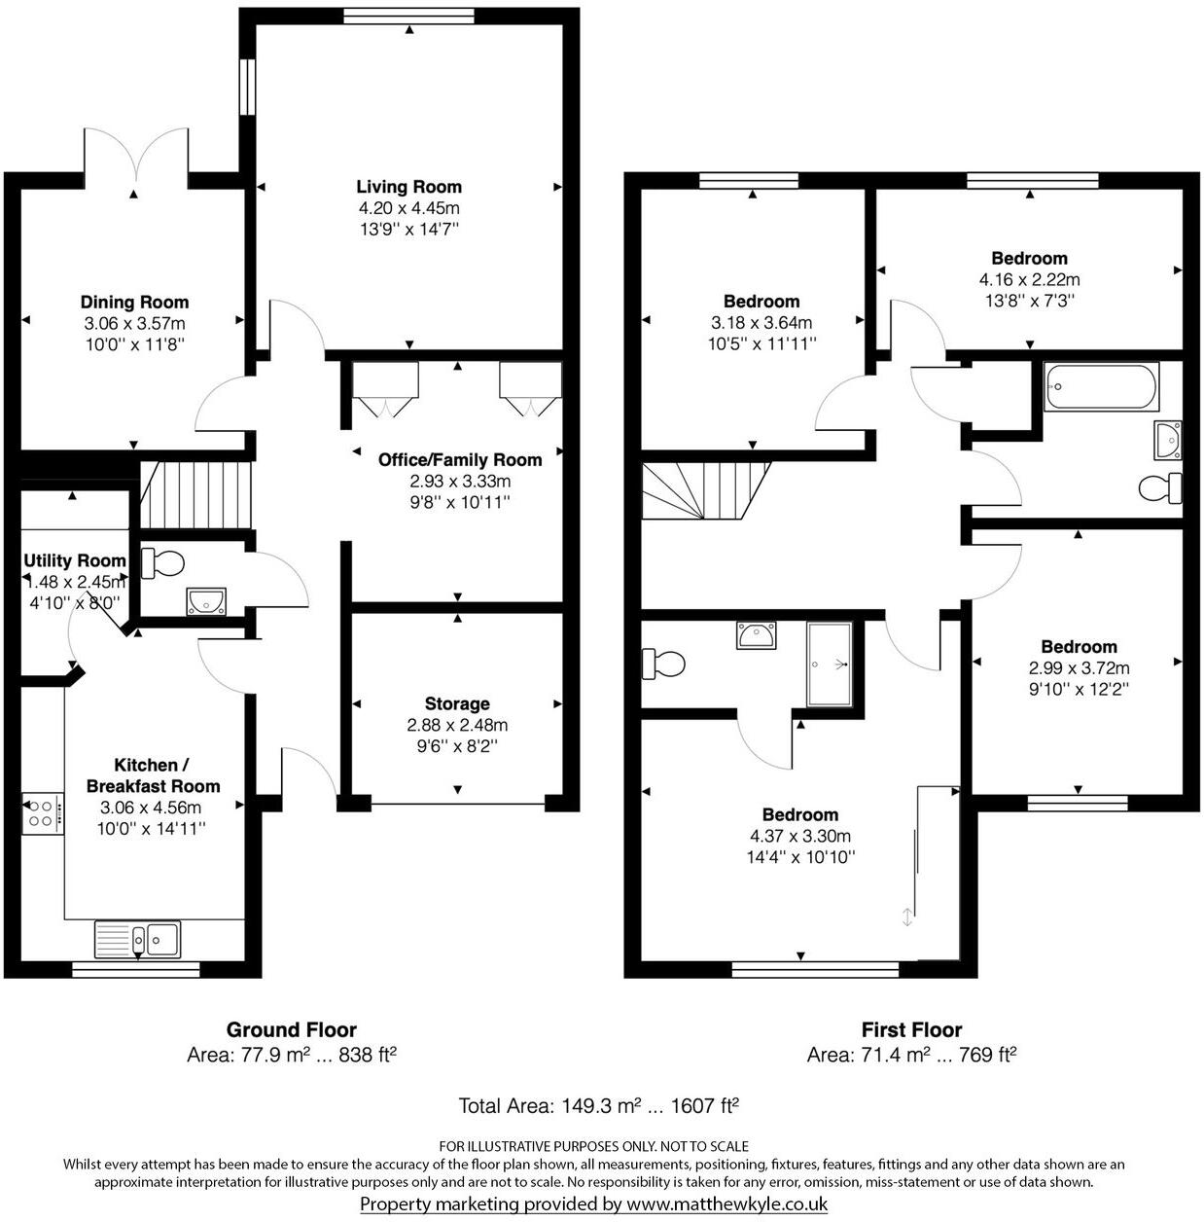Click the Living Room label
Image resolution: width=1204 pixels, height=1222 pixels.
408,187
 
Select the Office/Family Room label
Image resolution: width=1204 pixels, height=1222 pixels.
460,459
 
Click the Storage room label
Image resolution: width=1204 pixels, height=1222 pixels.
457,703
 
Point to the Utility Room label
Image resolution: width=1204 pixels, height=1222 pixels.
75,560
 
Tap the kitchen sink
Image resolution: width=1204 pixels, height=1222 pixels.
138,939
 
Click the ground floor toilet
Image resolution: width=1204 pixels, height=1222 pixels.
163,562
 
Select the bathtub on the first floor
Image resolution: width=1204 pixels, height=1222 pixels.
1101,386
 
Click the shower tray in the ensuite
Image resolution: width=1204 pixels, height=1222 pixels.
829,664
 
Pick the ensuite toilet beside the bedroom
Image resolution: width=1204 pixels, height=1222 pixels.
663,664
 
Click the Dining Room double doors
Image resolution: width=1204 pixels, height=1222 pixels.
135,158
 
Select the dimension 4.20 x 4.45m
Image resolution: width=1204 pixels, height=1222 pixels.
408,208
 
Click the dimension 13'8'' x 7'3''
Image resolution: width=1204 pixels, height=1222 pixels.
1029,301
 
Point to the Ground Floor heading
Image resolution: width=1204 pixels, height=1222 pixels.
292,1029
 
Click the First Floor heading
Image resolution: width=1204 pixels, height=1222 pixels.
911,1029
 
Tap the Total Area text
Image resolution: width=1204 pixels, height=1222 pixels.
599,1105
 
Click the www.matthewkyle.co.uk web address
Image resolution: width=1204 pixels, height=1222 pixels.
726,1204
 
